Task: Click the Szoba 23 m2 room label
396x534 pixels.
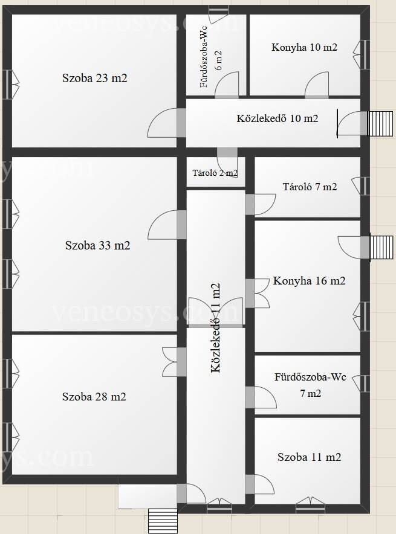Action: coord(95,78)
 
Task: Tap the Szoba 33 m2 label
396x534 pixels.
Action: coord(98,245)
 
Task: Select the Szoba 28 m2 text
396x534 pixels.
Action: coord(94,396)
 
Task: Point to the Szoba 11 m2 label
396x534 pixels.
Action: coord(309,457)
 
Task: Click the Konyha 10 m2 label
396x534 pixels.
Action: coord(304,47)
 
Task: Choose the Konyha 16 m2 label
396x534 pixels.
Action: coord(309,281)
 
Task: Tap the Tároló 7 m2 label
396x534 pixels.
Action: coord(310,187)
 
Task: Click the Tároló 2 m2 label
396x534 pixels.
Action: coord(215,173)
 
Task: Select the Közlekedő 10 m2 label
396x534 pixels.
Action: coord(278,118)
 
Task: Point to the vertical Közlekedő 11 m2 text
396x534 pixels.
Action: coord(216,328)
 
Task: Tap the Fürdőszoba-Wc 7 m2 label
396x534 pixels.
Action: coord(310,385)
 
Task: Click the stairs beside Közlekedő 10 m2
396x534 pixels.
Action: coord(380,123)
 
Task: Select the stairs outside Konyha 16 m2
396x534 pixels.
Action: coord(381,247)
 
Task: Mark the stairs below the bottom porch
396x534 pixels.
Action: coord(163,521)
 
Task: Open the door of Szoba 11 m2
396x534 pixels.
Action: coord(260,484)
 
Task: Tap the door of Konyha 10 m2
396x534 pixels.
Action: coord(317,85)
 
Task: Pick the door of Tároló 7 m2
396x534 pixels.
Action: coord(261,204)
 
